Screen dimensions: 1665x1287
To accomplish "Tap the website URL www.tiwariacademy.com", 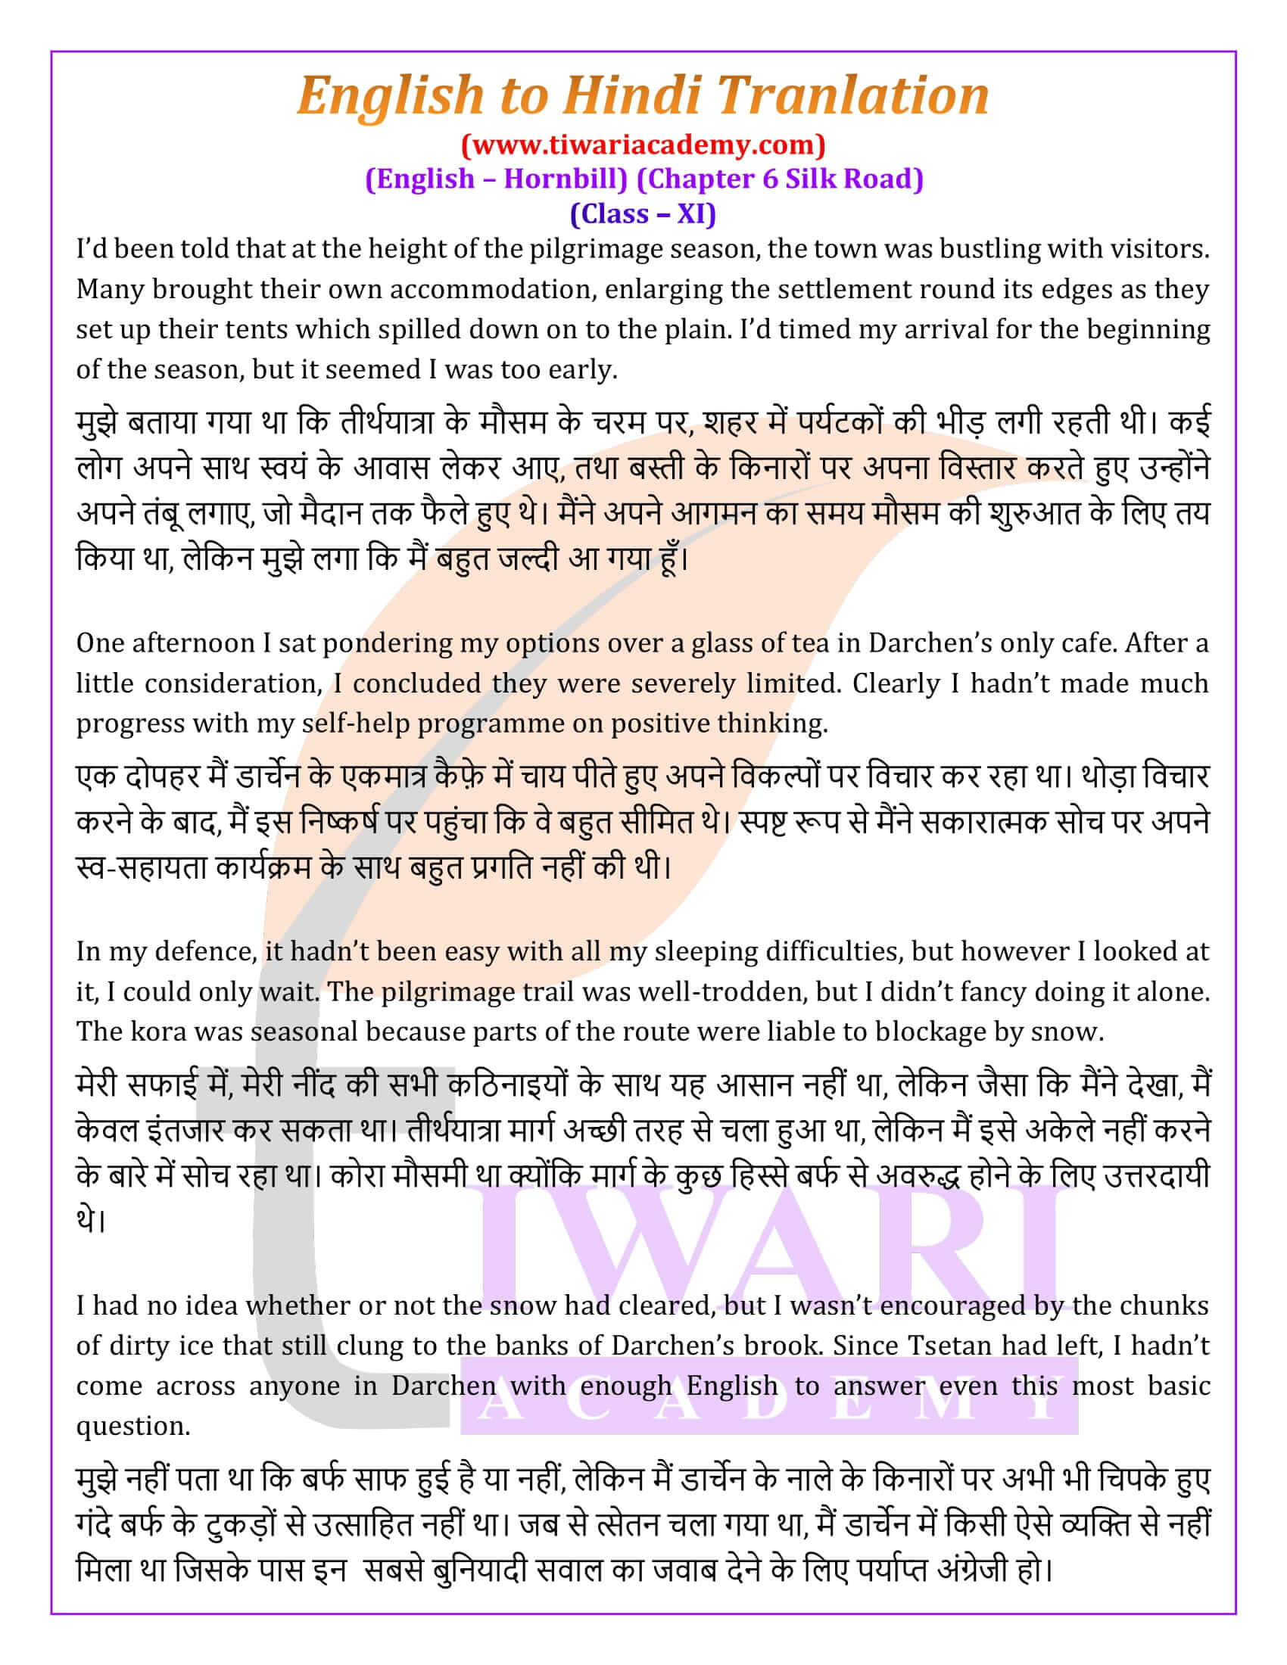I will point(643,144).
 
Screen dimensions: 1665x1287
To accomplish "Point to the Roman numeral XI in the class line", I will point(690,214).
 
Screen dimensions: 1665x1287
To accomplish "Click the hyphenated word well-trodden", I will point(721,992).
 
